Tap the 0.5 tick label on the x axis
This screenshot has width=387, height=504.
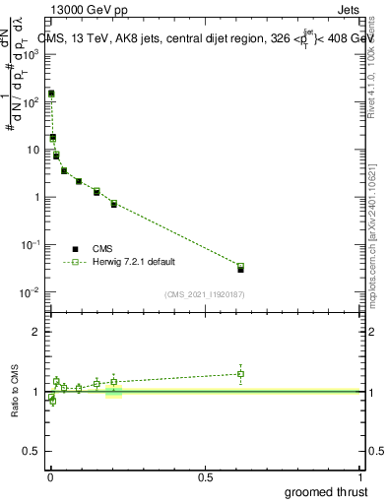point(206,477)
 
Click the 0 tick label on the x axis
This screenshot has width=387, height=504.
point(50,477)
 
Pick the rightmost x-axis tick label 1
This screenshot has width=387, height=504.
point(361,477)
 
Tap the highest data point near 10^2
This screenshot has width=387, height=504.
point(51,94)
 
